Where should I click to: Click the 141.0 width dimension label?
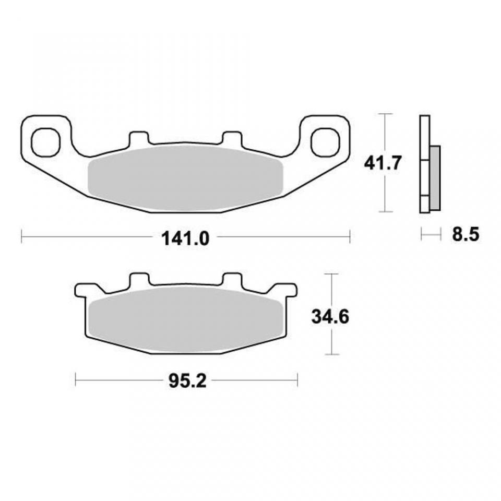click(x=185, y=238)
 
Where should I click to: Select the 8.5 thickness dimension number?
click(x=466, y=235)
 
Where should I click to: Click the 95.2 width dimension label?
click(x=187, y=381)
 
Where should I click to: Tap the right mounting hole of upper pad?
click(x=326, y=141)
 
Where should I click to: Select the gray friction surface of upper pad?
click(x=185, y=177)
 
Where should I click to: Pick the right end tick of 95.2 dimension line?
click(x=297, y=379)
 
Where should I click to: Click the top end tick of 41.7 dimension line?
click(x=385, y=114)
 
